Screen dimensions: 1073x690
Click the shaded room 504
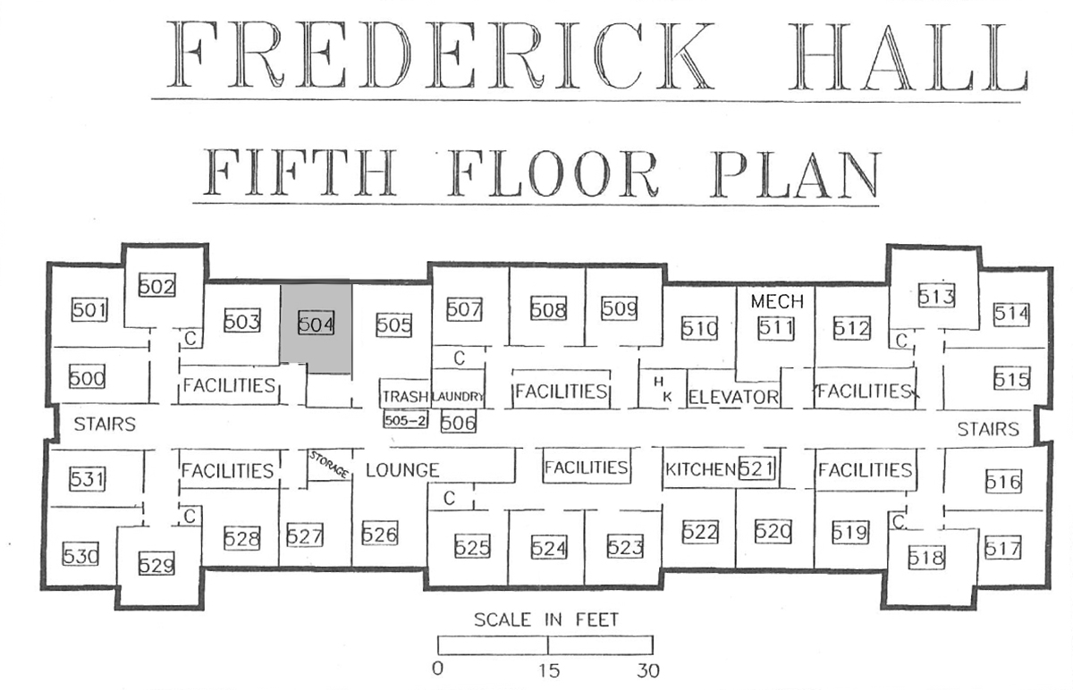317,324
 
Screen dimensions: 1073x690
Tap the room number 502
156,285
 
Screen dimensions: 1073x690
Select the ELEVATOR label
733,397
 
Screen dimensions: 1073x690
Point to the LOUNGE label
402,470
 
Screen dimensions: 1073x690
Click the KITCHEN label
700,469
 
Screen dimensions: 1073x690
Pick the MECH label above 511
777,301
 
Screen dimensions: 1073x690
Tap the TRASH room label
405,397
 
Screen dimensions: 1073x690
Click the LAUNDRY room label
458,397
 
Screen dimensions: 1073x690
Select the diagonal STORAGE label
329,464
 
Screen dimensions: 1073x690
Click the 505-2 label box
405,420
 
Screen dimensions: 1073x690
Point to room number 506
459,423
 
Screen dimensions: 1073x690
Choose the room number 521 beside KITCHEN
756,468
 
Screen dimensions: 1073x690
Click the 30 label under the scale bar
648,671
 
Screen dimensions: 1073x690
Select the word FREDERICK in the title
440,55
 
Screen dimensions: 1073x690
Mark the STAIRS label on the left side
105,425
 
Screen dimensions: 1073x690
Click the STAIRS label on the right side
988,429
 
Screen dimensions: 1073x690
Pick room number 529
156,564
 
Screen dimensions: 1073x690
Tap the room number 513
936,296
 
